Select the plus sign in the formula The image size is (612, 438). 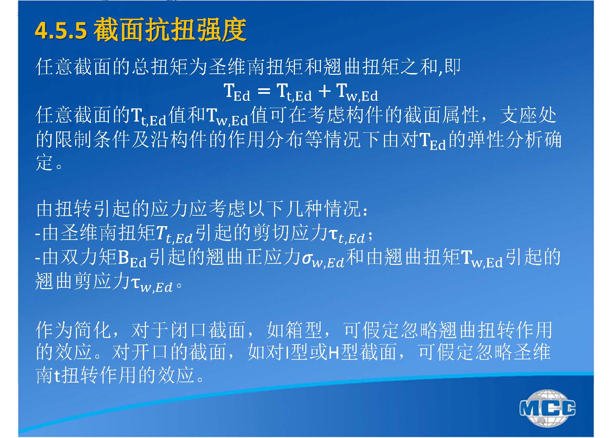tap(324, 91)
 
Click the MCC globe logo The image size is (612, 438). tap(547, 408)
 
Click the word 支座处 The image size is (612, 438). tap(528, 116)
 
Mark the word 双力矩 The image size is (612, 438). tap(89, 258)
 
